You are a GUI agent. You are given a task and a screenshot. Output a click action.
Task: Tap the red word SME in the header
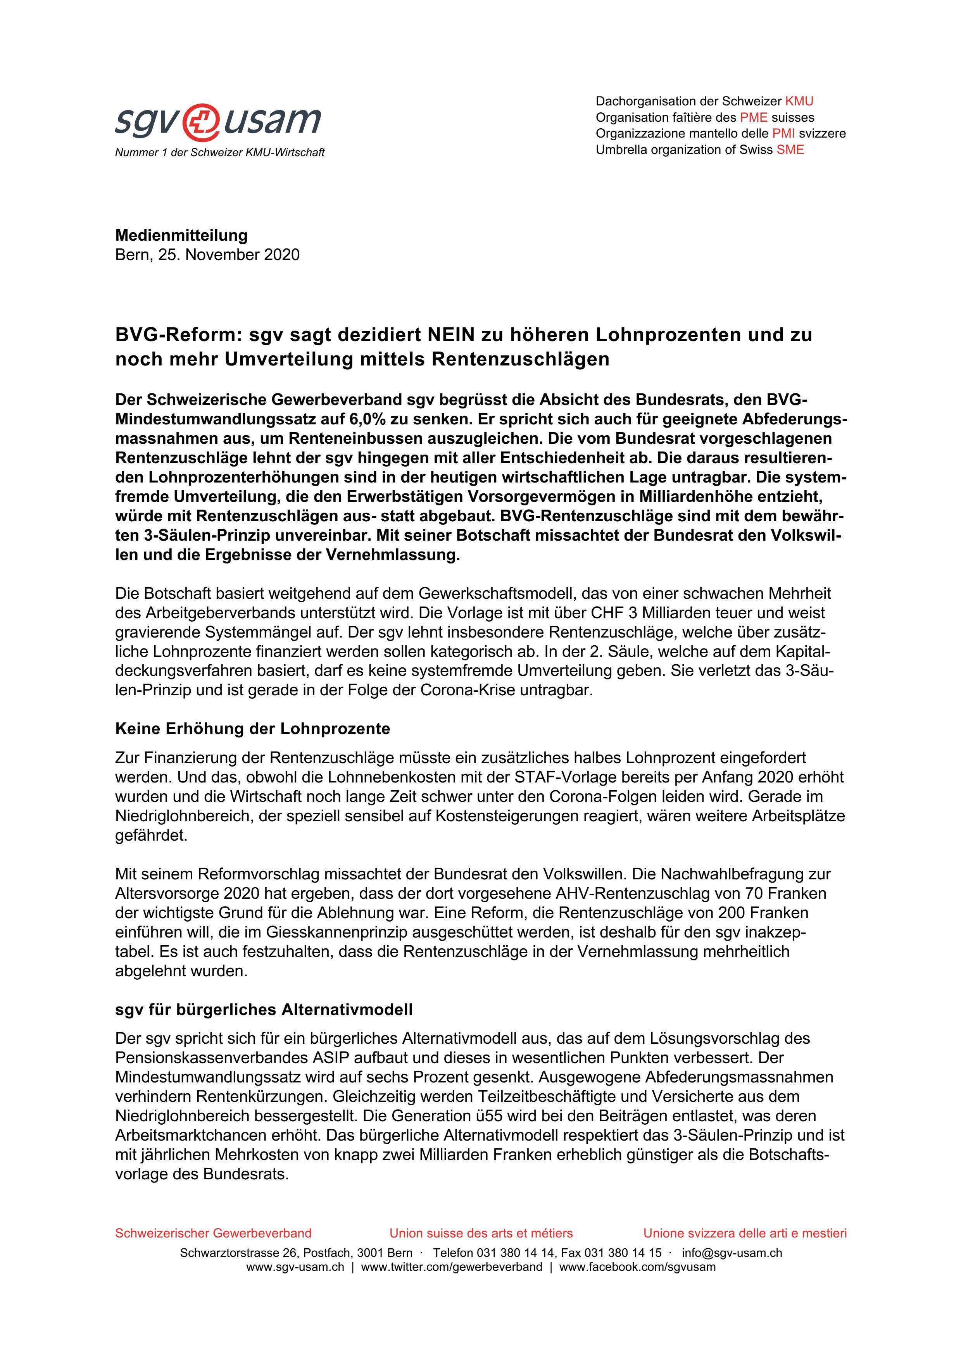(790, 150)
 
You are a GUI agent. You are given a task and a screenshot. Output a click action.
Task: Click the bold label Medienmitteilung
(181, 235)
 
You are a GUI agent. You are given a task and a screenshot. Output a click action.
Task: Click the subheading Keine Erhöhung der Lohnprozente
(253, 729)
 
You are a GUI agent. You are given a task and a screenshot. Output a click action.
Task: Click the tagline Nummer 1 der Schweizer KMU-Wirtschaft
(219, 153)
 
